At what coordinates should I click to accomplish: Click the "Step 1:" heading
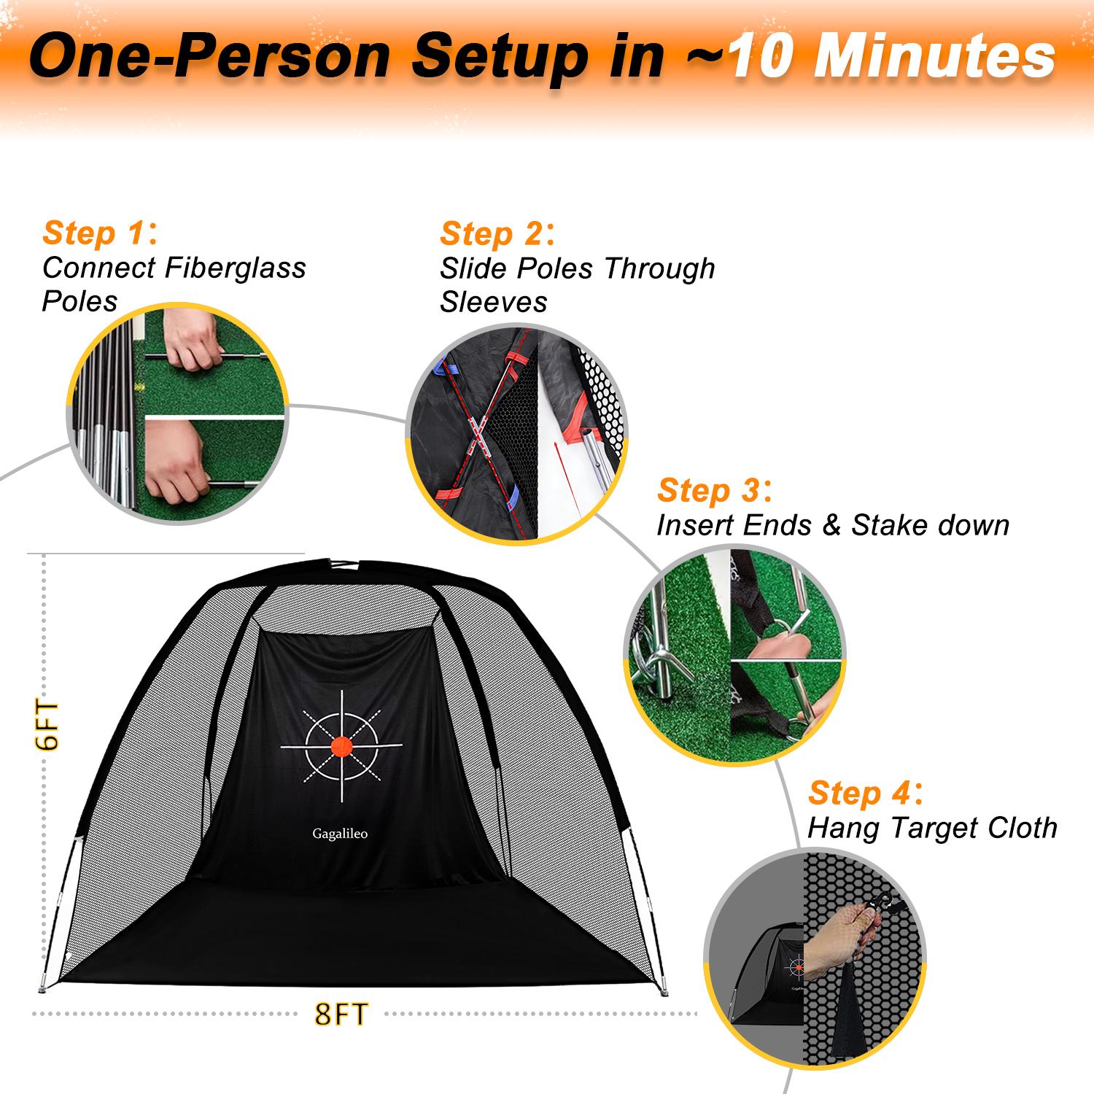tap(100, 233)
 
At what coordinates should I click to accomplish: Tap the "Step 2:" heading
tap(497, 234)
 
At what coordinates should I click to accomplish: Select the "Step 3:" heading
tap(715, 491)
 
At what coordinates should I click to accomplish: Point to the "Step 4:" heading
tap(866, 794)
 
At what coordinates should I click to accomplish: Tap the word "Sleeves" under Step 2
tap(494, 302)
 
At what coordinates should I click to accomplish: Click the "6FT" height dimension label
tap(47, 725)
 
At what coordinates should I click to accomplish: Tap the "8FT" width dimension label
tap(341, 1015)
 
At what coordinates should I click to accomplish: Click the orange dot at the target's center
tap(341, 746)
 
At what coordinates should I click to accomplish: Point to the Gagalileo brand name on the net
tap(340, 834)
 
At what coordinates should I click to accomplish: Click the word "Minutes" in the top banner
tap(935, 56)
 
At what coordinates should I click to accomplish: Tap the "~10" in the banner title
tap(740, 56)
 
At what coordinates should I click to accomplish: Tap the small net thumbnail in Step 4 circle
tap(769, 974)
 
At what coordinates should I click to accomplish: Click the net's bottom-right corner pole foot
tap(663, 991)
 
